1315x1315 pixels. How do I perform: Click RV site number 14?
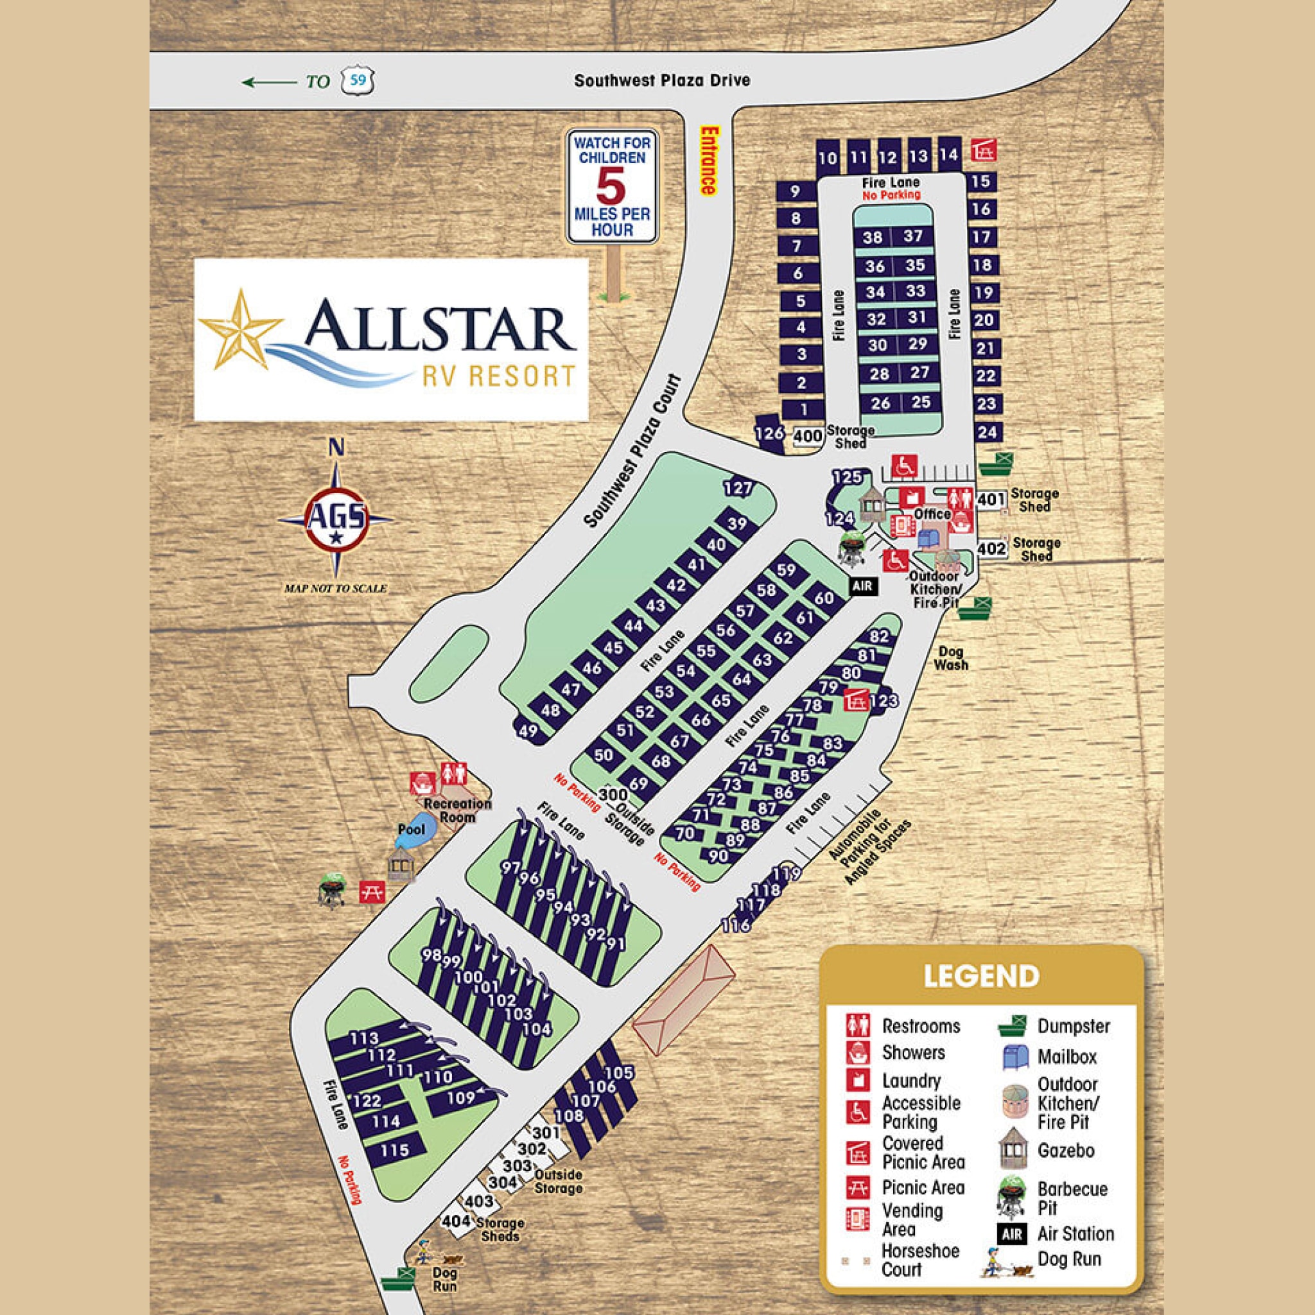(x=949, y=155)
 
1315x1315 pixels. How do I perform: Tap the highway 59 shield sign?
(x=359, y=81)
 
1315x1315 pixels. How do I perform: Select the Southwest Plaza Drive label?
(x=661, y=80)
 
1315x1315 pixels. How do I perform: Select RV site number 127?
(x=738, y=488)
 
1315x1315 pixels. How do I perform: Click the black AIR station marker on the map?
(x=862, y=586)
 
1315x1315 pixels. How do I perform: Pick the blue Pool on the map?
(x=411, y=831)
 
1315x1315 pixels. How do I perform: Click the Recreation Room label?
(x=457, y=810)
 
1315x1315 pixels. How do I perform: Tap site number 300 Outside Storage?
(x=613, y=794)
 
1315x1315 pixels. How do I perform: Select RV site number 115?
(x=395, y=1150)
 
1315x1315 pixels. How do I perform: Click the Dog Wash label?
(x=951, y=658)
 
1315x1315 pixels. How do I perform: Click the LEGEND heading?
(x=981, y=976)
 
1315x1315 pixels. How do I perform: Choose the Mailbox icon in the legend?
(x=1013, y=1056)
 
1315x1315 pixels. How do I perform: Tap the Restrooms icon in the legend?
(x=858, y=1025)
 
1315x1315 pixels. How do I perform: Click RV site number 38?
(x=873, y=238)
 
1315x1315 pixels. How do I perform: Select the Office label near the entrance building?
(x=932, y=514)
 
